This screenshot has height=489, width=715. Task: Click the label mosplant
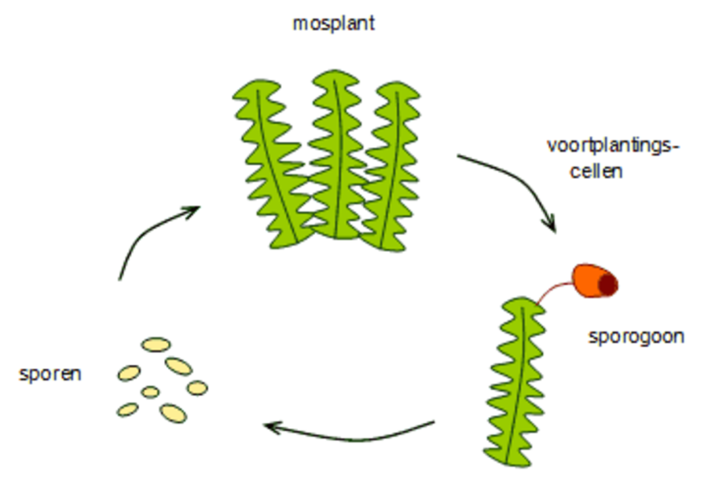[x=334, y=24]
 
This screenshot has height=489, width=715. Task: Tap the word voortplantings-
[x=612, y=145]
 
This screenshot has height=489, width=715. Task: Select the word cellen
[x=596, y=170]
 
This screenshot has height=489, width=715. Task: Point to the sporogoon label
[x=636, y=337]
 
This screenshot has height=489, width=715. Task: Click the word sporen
[x=50, y=374]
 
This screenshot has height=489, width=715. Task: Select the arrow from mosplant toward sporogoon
[x=511, y=181]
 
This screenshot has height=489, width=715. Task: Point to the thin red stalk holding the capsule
[x=554, y=290]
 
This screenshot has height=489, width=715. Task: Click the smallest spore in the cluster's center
[x=150, y=392]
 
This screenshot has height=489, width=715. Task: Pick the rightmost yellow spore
[x=197, y=388]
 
